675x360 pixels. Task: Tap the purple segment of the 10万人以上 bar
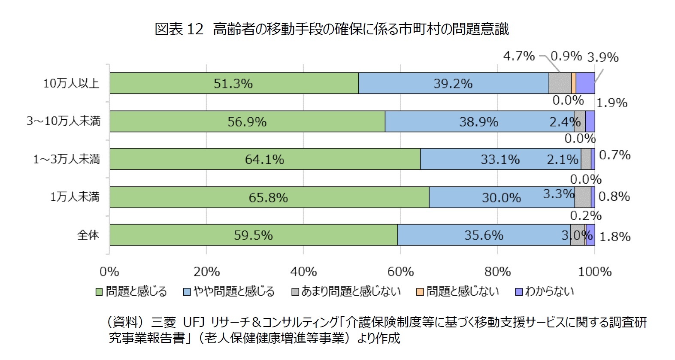click(x=585, y=83)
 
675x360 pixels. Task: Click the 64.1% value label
click(x=264, y=160)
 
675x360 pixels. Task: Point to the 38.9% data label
click(x=478, y=122)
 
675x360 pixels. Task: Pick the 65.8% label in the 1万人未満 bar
click(x=268, y=198)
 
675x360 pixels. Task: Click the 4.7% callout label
click(x=518, y=56)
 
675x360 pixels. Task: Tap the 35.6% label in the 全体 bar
click(x=484, y=235)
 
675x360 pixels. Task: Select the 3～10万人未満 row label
click(x=64, y=121)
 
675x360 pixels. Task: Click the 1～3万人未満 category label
click(x=67, y=160)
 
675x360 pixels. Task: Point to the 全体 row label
click(x=88, y=235)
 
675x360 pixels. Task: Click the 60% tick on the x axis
click(x=400, y=272)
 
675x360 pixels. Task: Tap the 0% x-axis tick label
click(x=109, y=272)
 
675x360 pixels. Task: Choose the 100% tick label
click(x=595, y=272)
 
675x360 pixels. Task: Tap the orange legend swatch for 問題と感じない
click(x=420, y=292)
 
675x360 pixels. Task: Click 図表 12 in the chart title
click(x=179, y=29)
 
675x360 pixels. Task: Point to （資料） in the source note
click(x=125, y=322)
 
